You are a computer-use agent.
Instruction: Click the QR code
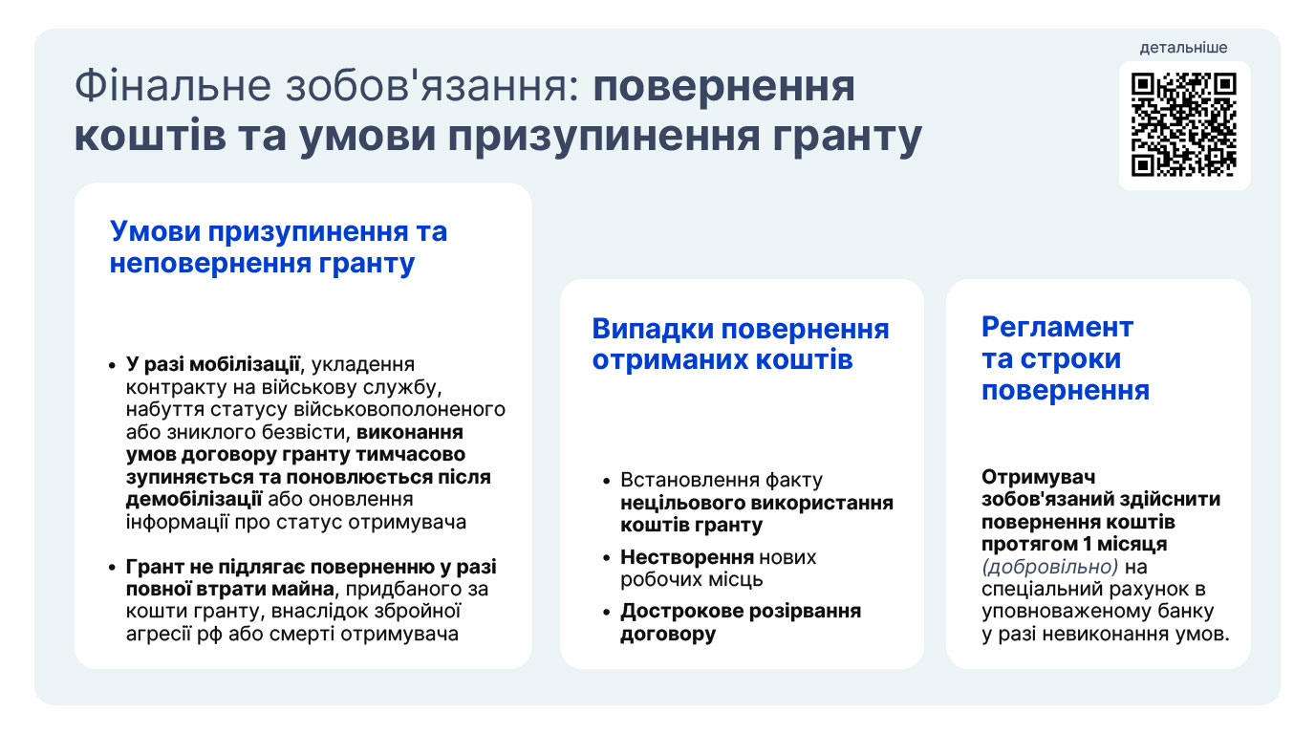[1183, 124]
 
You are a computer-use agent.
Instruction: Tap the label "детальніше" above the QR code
[1183, 48]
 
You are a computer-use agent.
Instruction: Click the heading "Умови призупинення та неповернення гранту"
[278, 247]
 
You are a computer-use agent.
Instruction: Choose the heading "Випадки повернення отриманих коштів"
[741, 344]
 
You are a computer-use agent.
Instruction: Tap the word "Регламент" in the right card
[1057, 327]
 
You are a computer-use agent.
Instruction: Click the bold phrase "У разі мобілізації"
[212, 365]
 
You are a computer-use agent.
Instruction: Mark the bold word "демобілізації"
[194, 499]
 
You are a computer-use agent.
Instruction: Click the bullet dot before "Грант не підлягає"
[112, 568]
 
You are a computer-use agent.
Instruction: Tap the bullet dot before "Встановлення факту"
[607, 482]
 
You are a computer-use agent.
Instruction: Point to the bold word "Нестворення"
[687, 556]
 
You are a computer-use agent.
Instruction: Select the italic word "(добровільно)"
[1049, 567]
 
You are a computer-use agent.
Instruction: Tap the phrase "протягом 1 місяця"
[1074, 545]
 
